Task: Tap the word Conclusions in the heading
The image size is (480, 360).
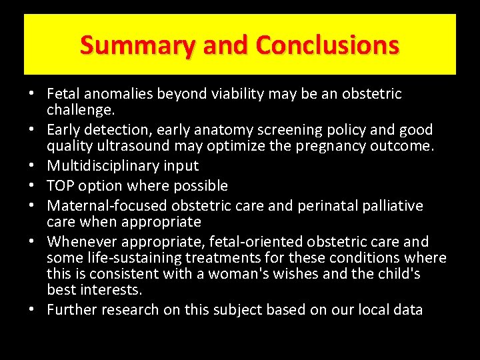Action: tap(327, 45)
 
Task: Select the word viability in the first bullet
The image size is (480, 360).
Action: tap(231, 94)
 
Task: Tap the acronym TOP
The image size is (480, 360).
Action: tap(61, 185)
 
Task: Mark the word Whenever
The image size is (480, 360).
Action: tap(81, 241)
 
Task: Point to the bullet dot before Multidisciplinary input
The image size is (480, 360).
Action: tap(33, 166)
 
